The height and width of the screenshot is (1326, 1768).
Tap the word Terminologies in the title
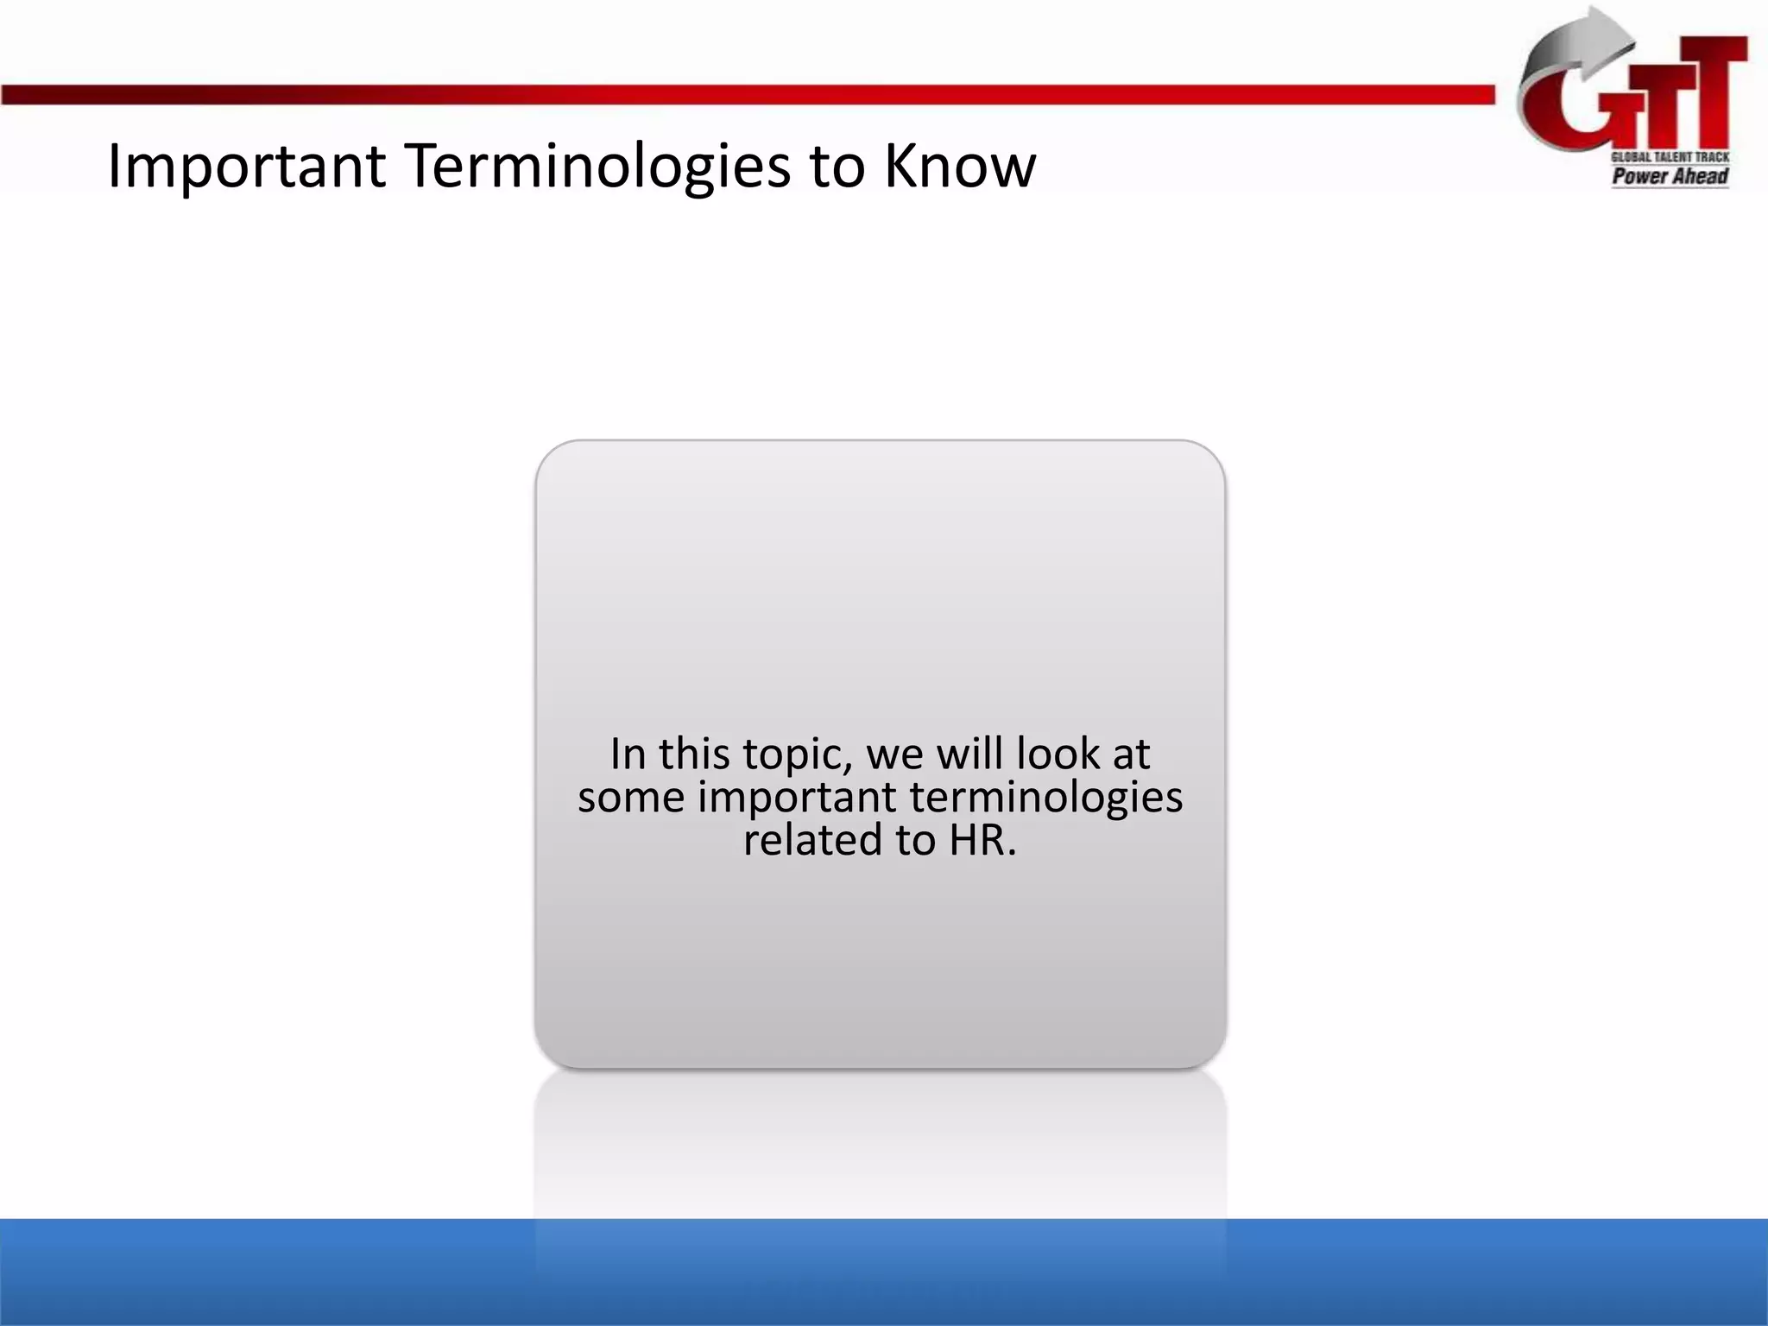[x=597, y=167]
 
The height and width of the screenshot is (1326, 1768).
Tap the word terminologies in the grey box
[x=1045, y=798]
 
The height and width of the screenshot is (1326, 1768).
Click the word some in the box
[x=631, y=798]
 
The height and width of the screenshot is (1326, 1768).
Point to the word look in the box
[x=1058, y=754]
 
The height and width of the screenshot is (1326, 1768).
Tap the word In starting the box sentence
[x=628, y=754]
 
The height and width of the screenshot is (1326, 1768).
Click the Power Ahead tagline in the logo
[x=1670, y=177]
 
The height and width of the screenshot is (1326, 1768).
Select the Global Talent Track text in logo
[x=1670, y=157]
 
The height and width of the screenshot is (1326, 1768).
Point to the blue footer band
[x=259, y=1273]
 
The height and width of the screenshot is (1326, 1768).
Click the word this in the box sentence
[x=696, y=754]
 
